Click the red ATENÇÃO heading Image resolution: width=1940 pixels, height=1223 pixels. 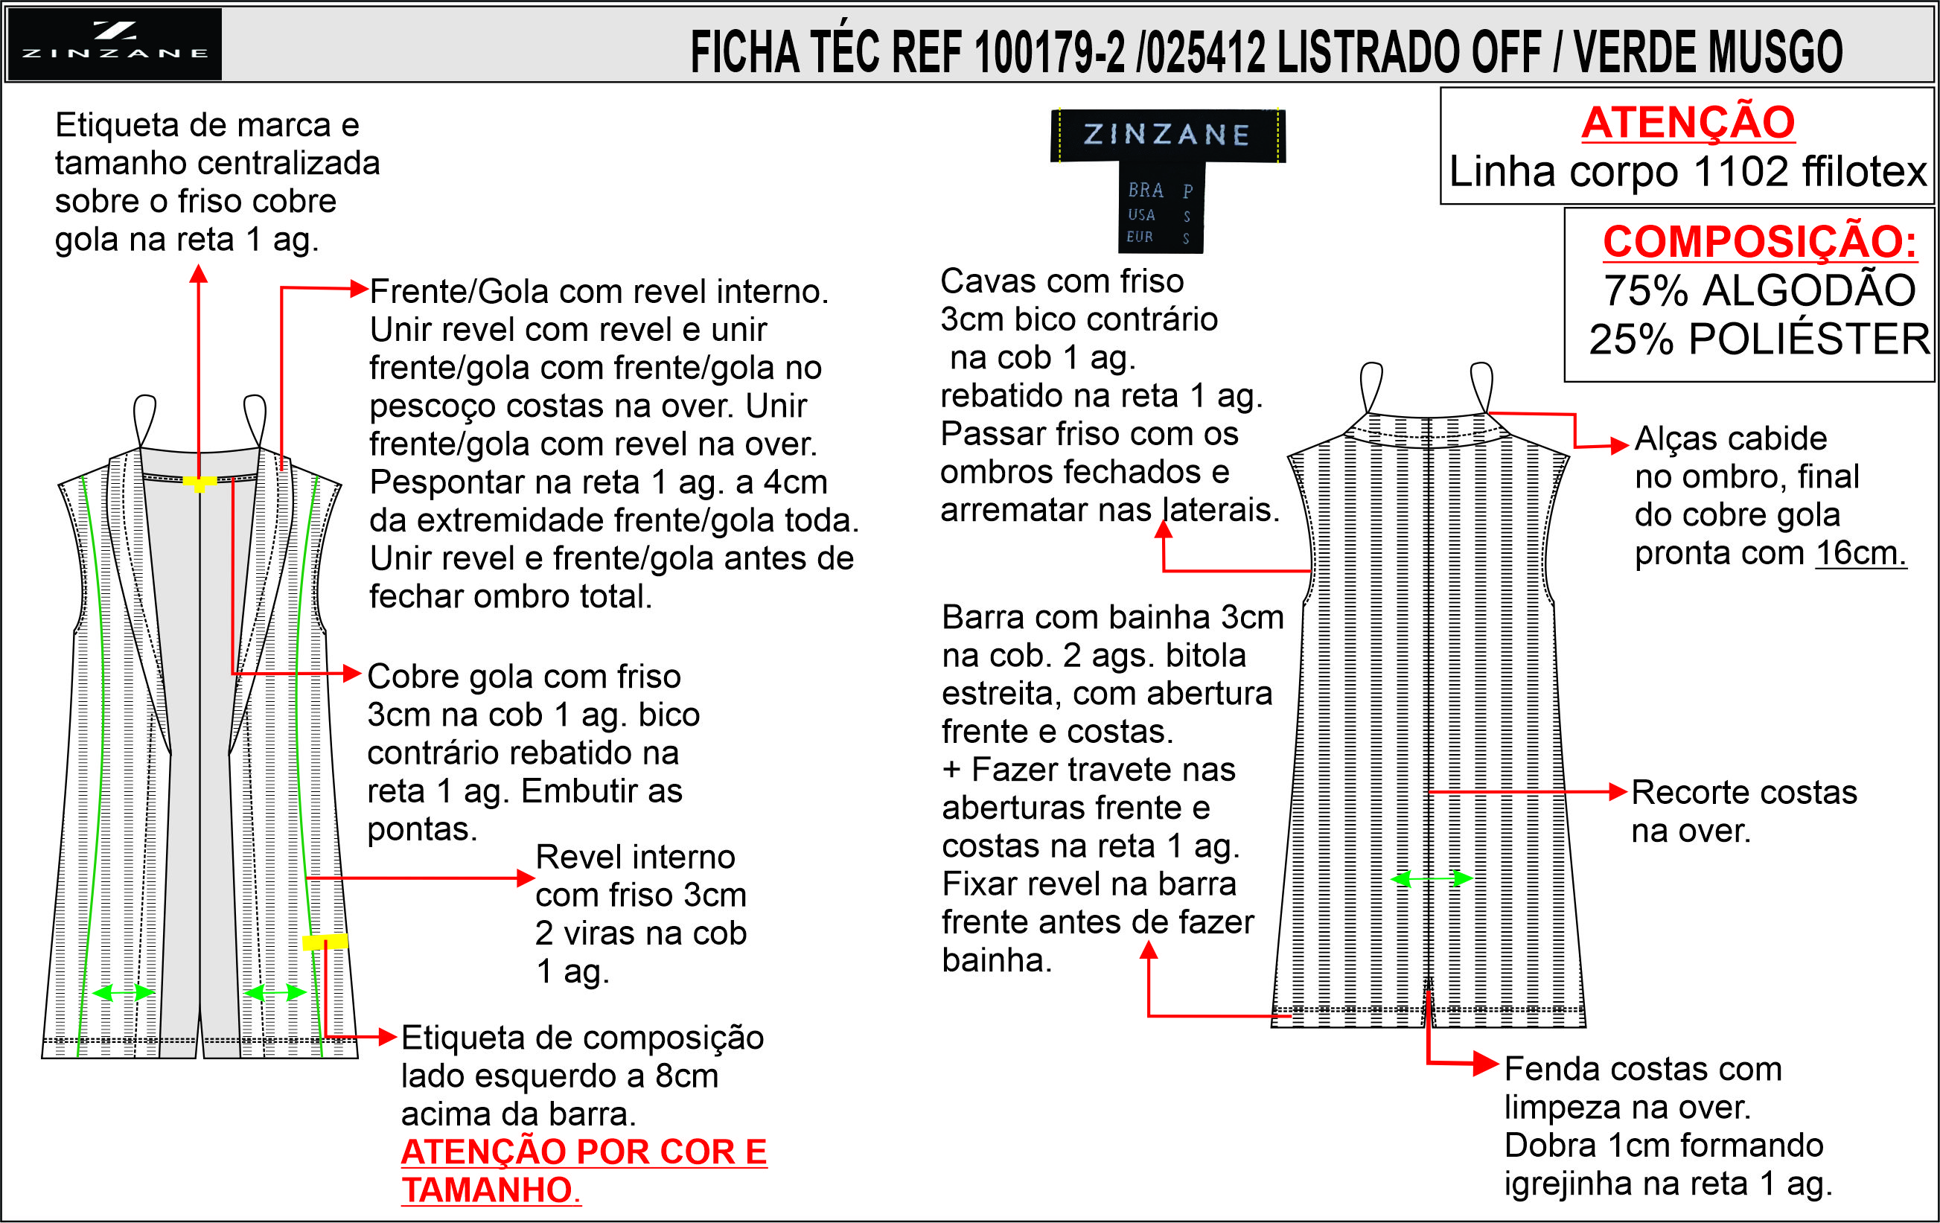tap(1688, 123)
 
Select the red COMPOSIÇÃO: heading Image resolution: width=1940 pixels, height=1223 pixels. tap(1760, 242)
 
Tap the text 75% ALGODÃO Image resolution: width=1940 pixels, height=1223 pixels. tap(1760, 291)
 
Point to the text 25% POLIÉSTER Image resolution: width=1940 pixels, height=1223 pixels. tap(1760, 339)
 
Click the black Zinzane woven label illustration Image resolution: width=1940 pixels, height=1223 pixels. tap(1167, 179)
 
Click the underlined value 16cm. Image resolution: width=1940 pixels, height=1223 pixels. tap(1860, 554)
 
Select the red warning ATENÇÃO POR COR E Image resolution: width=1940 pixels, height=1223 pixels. tap(584, 1152)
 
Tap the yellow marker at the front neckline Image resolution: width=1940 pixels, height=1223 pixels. tap(199, 483)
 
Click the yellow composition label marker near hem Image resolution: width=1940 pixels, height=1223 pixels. tap(325, 941)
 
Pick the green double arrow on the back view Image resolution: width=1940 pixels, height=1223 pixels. tap(1432, 878)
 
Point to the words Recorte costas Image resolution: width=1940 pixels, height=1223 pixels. tap(1744, 793)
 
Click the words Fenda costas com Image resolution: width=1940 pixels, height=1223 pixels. tap(1643, 1069)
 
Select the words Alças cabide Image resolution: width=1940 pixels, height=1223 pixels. tap(1731, 439)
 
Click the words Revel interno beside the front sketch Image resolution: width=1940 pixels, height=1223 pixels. tap(635, 858)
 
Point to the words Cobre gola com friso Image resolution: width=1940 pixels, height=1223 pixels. tap(523, 677)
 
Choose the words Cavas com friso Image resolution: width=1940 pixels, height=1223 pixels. tap(1062, 282)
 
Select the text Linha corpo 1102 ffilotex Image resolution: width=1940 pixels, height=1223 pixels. tap(1688, 172)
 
